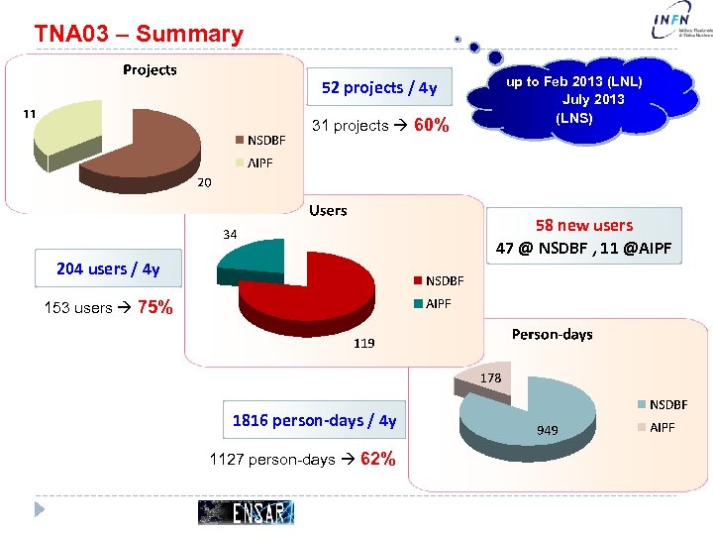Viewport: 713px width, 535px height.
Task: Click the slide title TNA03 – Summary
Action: [x=139, y=34]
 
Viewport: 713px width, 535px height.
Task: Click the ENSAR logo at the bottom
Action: [x=247, y=511]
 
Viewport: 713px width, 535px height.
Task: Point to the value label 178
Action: [x=491, y=378]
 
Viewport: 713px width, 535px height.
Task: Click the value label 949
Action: [x=548, y=430]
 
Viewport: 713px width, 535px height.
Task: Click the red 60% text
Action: [x=432, y=126]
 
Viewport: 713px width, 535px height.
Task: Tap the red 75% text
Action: [x=155, y=307]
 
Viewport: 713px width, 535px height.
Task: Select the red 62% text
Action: [x=379, y=459]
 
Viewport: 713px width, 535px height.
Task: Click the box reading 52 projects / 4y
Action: [x=379, y=87]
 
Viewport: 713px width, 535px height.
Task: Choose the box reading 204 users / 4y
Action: [x=108, y=268]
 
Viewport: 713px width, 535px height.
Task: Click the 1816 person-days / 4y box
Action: [x=314, y=420]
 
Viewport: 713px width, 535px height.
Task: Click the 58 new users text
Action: [x=584, y=226]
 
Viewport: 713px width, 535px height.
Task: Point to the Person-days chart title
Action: [x=552, y=334]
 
